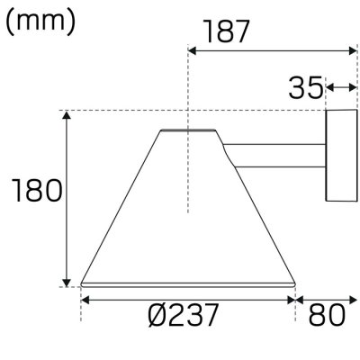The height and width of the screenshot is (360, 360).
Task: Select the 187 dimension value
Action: click(227, 31)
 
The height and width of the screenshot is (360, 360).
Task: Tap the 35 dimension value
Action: click(306, 88)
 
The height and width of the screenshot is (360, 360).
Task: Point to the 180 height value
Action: click(37, 190)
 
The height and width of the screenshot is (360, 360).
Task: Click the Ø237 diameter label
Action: click(183, 315)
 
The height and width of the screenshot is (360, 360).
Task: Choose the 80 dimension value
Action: click(327, 315)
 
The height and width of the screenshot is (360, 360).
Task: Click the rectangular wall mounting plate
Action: click(341, 156)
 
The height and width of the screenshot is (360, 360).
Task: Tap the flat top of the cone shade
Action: click(188, 130)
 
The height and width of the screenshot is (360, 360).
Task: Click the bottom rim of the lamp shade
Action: click(188, 285)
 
